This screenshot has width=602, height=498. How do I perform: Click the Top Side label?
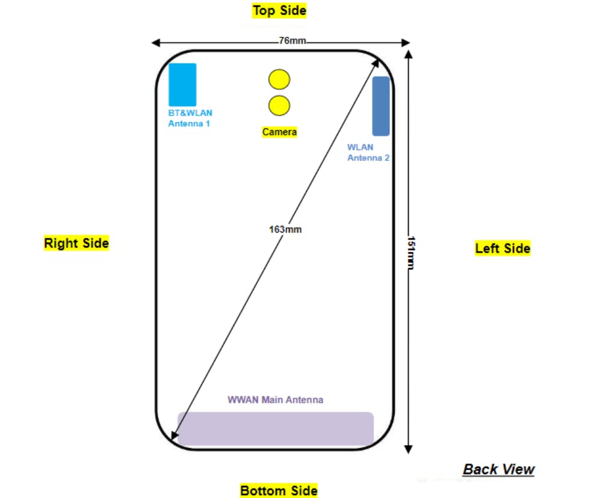coord(279,11)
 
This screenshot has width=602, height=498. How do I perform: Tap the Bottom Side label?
coord(279,490)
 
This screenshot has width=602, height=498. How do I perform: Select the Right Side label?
coord(76,243)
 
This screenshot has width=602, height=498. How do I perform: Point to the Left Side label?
coord(502,248)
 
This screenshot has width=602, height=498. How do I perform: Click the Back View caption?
coord(498,469)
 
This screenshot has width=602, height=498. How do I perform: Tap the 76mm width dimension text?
coord(292,42)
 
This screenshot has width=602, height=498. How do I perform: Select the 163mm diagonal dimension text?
coord(285,229)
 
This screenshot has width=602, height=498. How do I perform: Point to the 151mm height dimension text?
coord(411,252)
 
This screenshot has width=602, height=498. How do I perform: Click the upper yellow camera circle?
coord(279,79)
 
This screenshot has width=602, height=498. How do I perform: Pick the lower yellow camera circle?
coord(279,105)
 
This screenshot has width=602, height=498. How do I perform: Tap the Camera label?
coord(279,132)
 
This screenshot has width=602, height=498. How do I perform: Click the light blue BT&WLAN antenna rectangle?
coord(182,84)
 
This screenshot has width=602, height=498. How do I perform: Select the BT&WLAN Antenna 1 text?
coord(190,118)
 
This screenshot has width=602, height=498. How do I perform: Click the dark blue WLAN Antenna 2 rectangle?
coord(380,106)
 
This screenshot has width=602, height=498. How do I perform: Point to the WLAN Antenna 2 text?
coord(368,152)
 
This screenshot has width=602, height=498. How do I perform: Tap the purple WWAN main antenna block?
coord(275,428)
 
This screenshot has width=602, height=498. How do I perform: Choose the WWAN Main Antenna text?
coord(275,400)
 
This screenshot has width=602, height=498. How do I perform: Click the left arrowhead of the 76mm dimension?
coord(155,43)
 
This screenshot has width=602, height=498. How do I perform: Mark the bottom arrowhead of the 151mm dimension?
coord(409,448)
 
